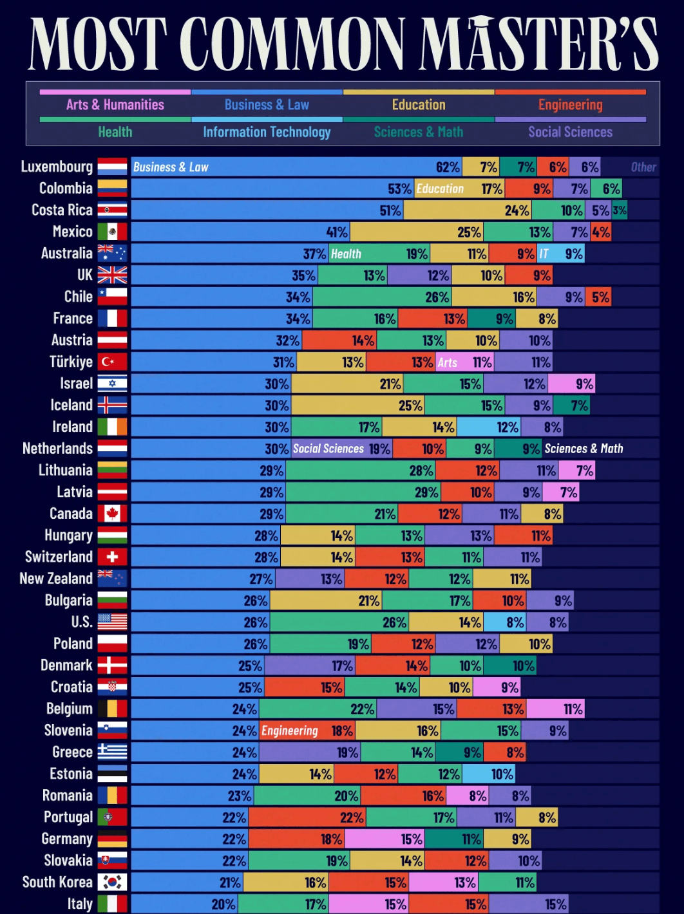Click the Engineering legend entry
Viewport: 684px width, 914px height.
pyautogui.click(x=570, y=105)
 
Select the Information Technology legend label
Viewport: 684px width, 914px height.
pyautogui.click(x=267, y=132)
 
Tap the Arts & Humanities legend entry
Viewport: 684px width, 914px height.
pyautogui.click(x=115, y=105)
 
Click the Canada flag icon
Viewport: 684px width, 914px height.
pyautogui.click(x=112, y=513)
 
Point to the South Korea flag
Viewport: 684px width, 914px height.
pyautogui.click(x=112, y=882)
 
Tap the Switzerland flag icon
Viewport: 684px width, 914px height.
pyautogui.click(x=112, y=557)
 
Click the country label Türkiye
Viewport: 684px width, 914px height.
pyautogui.click(x=71, y=362)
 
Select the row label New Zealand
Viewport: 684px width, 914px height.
pyautogui.click(x=56, y=579)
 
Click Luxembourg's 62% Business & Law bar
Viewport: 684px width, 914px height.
pyautogui.click(x=296, y=167)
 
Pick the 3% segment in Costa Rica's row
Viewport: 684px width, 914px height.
pyautogui.click(x=620, y=210)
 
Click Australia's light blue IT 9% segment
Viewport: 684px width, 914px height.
pyautogui.click(x=561, y=254)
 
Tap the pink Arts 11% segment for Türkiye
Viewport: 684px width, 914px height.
pyautogui.click(x=464, y=362)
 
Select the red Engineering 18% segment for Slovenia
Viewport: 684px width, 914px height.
pyautogui.click(x=307, y=731)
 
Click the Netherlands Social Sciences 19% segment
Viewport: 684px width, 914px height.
pyautogui.click(x=341, y=449)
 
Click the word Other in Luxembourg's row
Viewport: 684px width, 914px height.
pyautogui.click(x=643, y=167)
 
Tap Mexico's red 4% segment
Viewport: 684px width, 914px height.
pyautogui.click(x=601, y=232)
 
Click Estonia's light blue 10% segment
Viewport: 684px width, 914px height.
pyautogui.click(x=489, y=774)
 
